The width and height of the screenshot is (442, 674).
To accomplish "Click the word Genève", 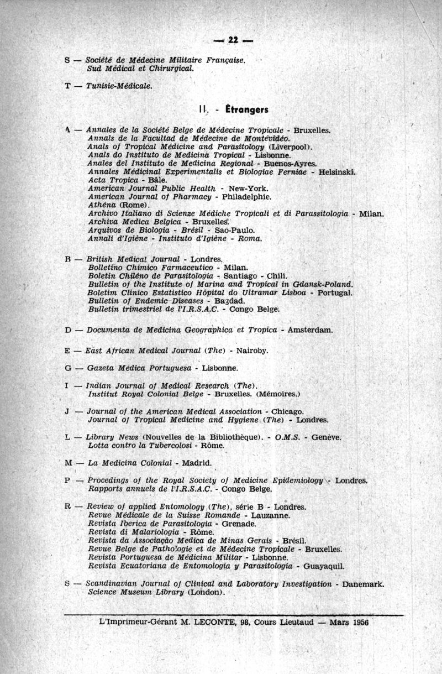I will [x=327, y=437].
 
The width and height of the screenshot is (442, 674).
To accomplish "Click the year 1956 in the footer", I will [x=357, y=621].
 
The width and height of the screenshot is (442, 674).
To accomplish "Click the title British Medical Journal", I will [x=134, y=259].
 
